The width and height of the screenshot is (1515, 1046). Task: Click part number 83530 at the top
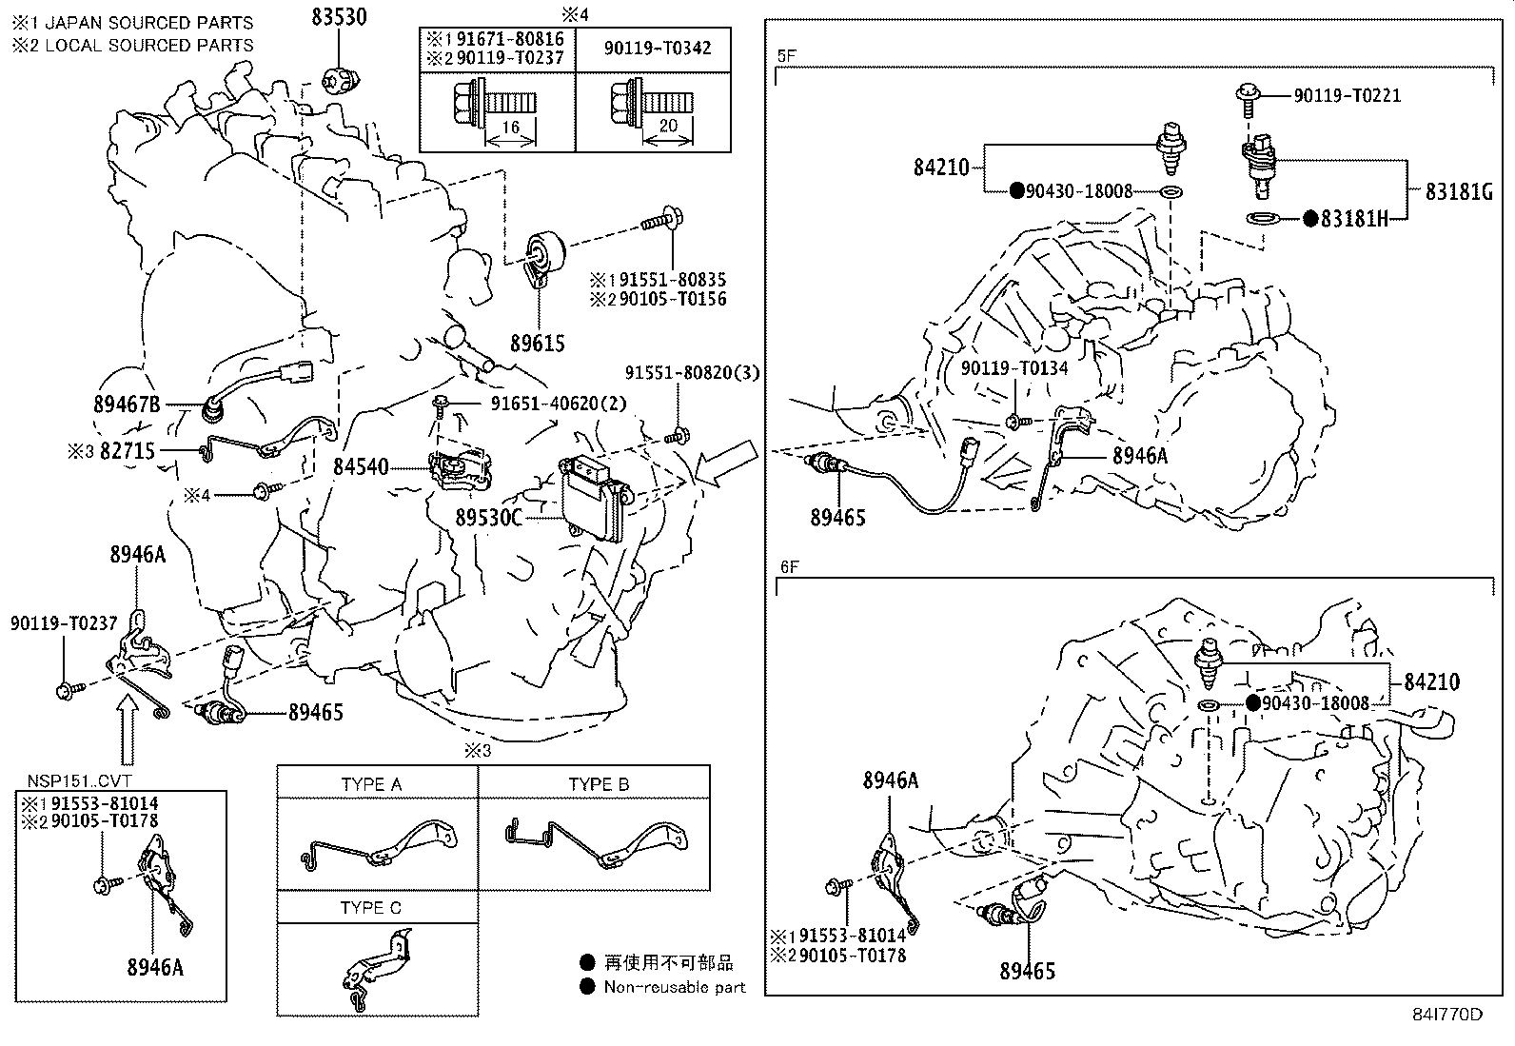pos(340,16)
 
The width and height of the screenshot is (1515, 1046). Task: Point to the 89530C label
pos(488,518)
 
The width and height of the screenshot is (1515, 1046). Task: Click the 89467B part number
pos(127,405)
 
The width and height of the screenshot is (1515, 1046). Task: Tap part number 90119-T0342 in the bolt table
pos(657,48)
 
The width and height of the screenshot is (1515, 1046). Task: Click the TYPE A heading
pos(371,784)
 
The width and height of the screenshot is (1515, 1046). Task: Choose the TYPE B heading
pos(599,784)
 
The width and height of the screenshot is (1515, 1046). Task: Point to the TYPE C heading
pos(371,908)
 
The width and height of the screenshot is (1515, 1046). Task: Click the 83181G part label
pos(1458,191)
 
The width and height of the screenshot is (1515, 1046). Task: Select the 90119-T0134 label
pos(1013,368)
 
